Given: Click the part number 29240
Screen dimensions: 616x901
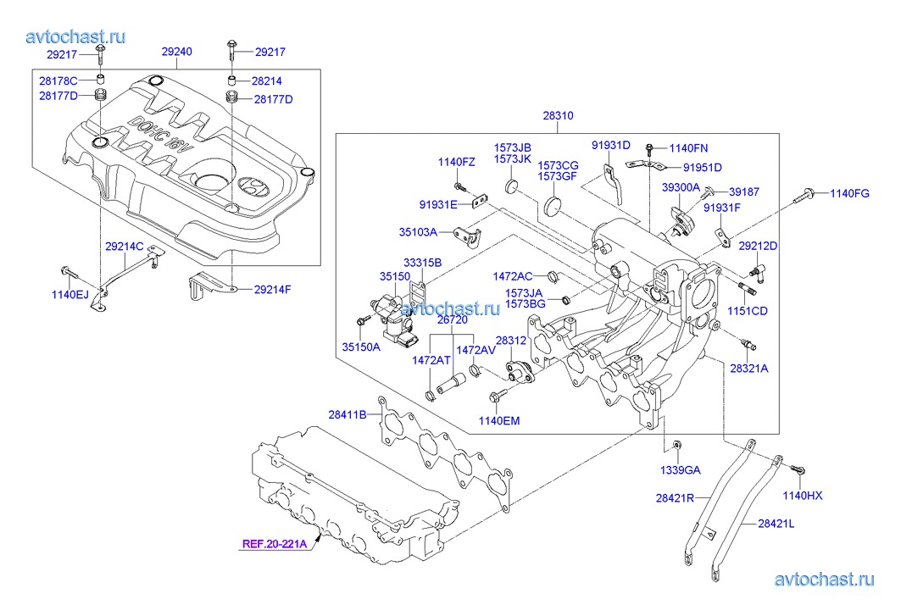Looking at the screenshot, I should coord(176,53).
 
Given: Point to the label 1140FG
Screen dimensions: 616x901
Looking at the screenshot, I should coord(849,194).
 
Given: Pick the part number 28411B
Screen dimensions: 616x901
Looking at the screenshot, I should coord(348,414).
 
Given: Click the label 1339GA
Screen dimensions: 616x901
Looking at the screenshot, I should coord(680,469).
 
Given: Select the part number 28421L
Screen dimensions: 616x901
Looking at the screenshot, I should coord(777,524).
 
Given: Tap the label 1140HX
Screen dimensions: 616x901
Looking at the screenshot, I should coord(802,495).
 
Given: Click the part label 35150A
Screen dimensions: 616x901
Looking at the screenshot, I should coord(362,347).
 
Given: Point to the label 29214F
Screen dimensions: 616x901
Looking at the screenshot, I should coord(272,290).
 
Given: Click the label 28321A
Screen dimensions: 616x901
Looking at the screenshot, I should coord(749,369).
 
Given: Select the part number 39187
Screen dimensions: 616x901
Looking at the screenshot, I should coord(745,192).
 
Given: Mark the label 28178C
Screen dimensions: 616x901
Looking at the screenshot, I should coord(58,80).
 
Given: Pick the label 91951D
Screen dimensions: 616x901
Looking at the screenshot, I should coord(703,167).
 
